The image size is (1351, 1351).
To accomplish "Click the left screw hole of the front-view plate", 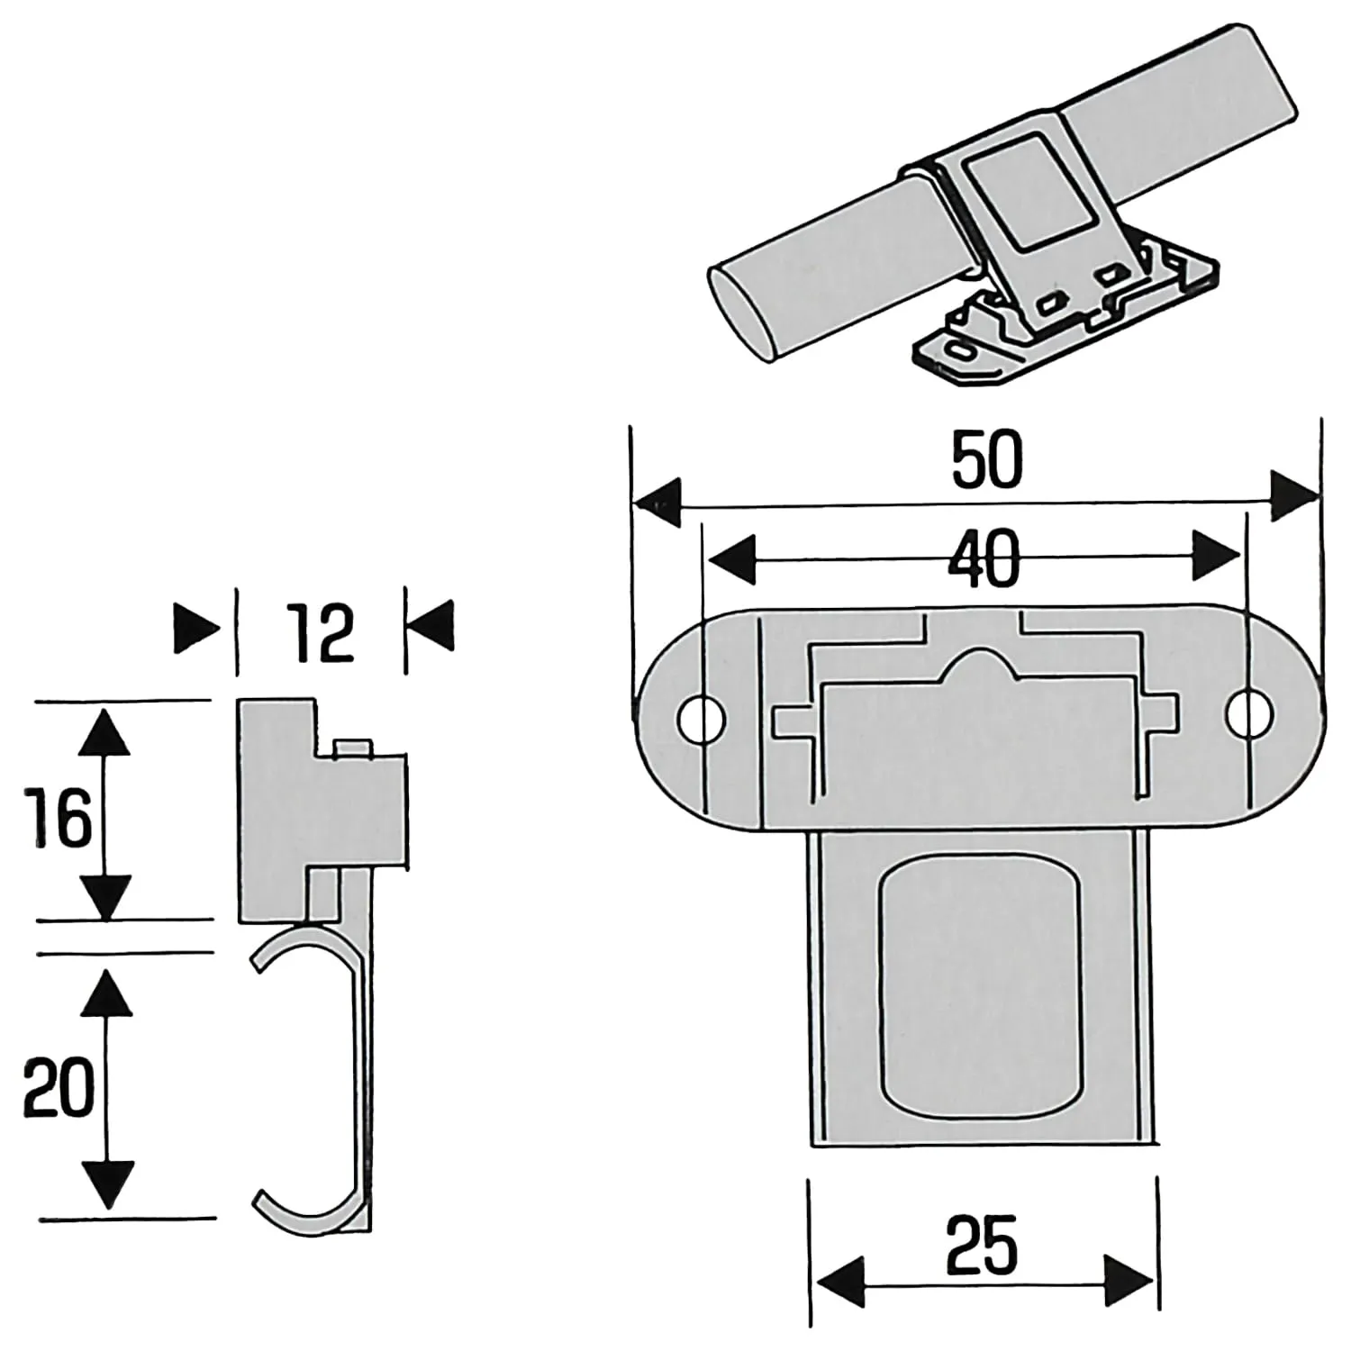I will (x=702, y=717).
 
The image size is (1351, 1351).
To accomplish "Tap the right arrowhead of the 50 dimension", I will (x=1293, y=495).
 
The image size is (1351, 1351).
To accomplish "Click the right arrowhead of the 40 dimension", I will (x=1215, y=555).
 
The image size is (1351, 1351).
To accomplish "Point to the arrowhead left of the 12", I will (x=196, y=626).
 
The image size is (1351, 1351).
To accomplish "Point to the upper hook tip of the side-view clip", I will (x=257, y=965).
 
